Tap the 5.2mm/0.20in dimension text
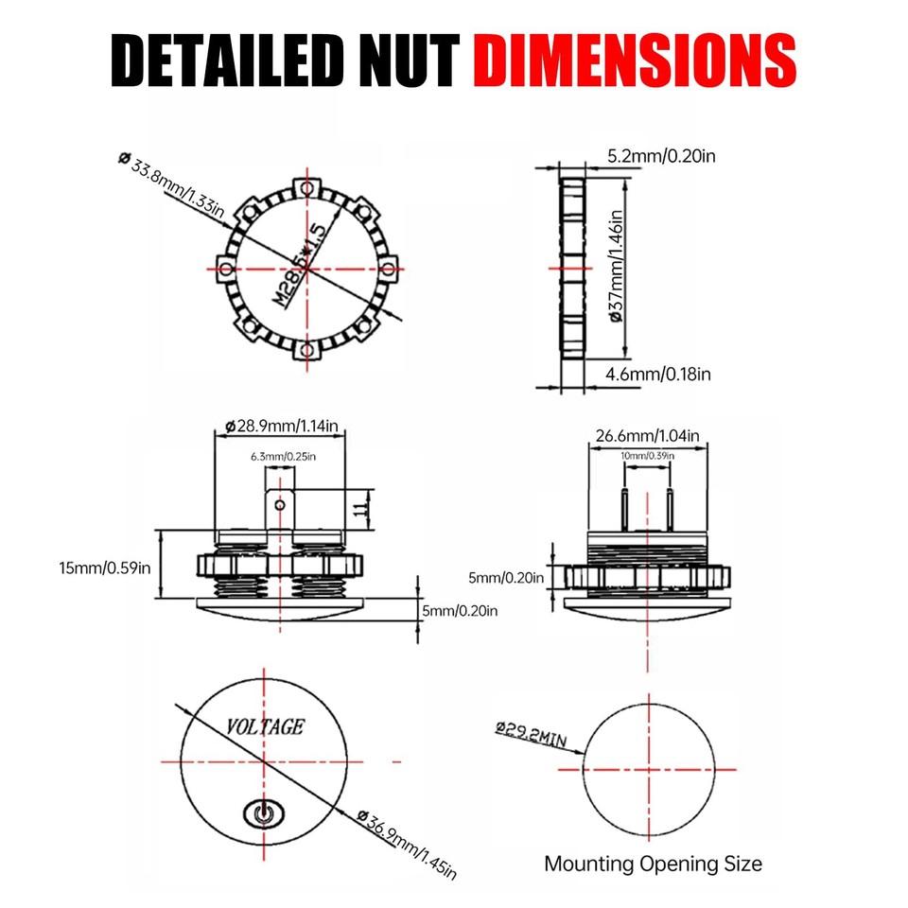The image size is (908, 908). [662, 155]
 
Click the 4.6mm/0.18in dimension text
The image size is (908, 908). [658, 375]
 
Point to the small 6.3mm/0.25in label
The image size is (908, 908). [283, 457]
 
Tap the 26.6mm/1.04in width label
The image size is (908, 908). [647, 436]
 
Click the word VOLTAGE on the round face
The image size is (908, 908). [265, 727]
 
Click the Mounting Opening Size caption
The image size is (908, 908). [653, 864]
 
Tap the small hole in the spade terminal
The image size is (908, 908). [279, 505]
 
